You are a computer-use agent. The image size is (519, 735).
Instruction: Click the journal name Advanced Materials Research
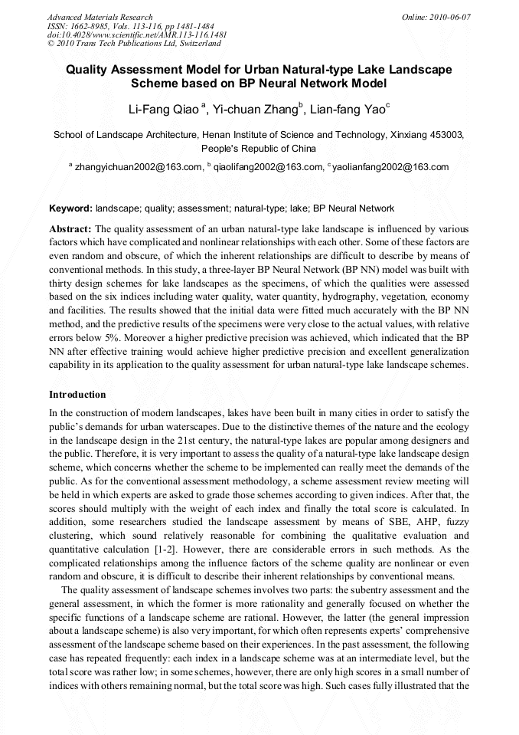[x=100, y=17]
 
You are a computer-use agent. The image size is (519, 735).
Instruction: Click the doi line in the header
[x=137, y=35]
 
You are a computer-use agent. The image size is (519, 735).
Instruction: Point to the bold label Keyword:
[x=71, y=208]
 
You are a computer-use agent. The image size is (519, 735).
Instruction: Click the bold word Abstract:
[x=70, y=229]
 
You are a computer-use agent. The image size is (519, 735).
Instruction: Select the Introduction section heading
[x=77, y=395]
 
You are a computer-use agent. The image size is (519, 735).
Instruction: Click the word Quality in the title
[x=86, y=70]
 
